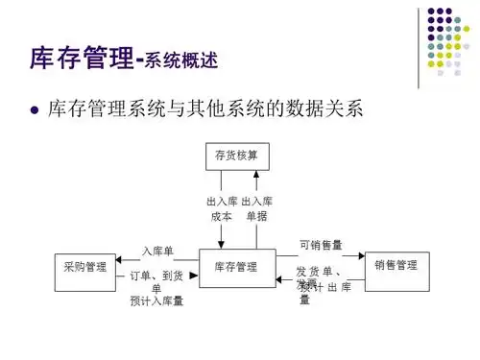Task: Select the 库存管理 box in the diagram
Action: [235, 266]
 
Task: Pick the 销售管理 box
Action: [396, 265]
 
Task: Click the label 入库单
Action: [157, 252]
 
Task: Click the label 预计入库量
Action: [157, 301]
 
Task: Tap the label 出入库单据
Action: [256, 209]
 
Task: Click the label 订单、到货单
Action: [156, 281]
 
